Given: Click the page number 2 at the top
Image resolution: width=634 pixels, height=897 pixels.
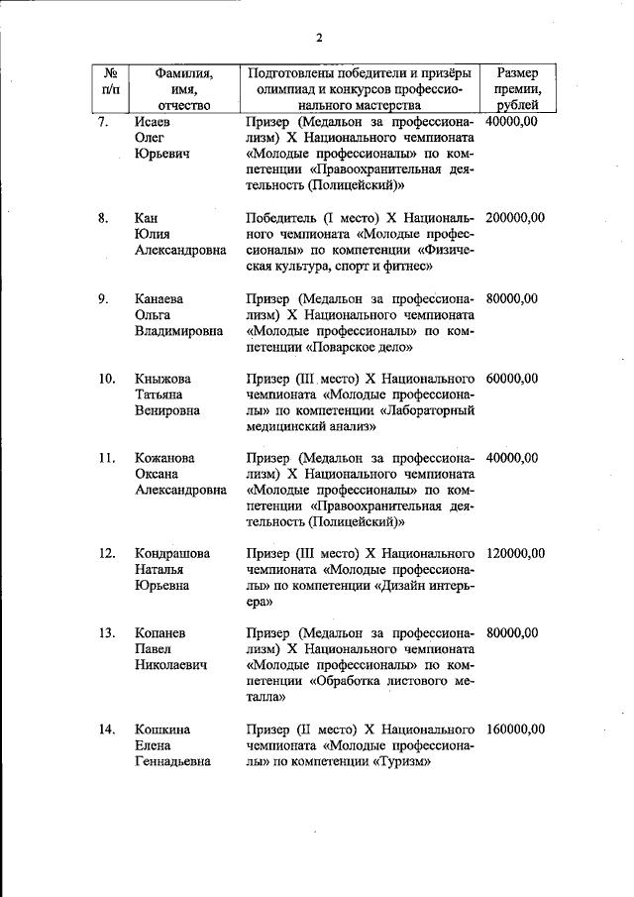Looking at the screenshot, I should [x=319, y=39].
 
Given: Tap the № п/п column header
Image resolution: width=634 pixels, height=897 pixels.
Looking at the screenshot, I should [x=111, y=80].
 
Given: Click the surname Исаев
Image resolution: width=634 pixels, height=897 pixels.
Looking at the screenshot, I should [x=154, y=121].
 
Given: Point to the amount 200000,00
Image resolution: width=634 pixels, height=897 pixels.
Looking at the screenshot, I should [x=516, y=217].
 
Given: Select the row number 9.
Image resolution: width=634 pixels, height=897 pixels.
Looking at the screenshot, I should [x=104, y=297].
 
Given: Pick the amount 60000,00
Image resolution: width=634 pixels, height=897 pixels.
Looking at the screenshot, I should [x=512, y=378].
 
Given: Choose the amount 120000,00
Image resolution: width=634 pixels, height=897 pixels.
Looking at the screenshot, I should [x=516, y=552].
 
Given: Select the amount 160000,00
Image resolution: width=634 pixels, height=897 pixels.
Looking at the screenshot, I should [x=516, y=729].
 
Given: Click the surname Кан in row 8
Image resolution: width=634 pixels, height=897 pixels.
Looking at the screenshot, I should [x=147, y=217].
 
